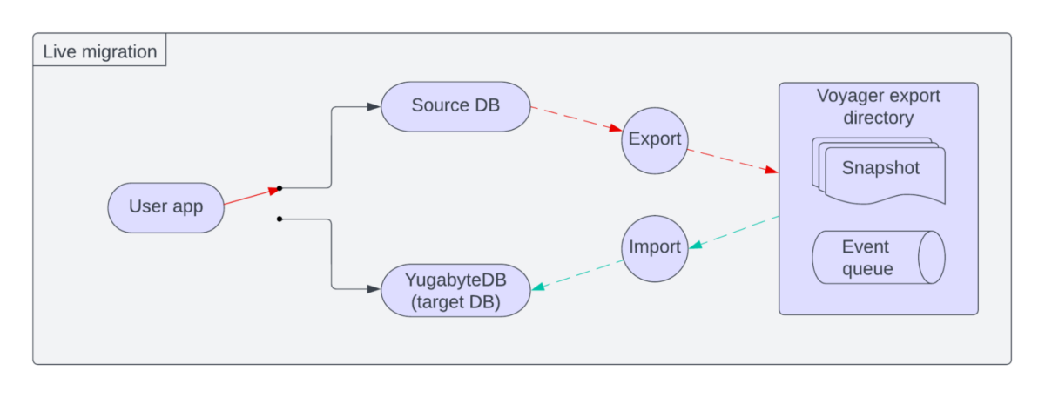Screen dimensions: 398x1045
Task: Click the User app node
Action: pyautogui.click(x=165, y=207)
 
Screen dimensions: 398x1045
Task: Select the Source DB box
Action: pyautogui.click(x=455, y=106)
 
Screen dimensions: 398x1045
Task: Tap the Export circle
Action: pyautogui.click(x=655, y=139)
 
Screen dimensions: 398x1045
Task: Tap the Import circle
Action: pyautogui.click(x=655, y=247)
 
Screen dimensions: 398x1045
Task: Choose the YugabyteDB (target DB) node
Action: pyautogui.click(x=455, y=290)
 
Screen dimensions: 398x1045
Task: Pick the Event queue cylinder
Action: pyautogui.click(x=878, y=257)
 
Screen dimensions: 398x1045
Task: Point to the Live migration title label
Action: pyautogui.click(x=99, y=51)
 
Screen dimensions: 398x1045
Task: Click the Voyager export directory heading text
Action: pyautogui.click(x=878, y=106)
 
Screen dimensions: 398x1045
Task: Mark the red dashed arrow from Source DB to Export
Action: pyautogui.click(x=576, y=118)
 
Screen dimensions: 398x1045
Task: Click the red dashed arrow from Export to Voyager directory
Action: pyautogui.click(x=731, y=160)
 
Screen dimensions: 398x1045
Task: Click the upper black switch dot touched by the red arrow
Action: pyautogui.click(x=279, y=187)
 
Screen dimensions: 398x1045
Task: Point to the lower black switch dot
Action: pyautogui.click(x=279, y=219)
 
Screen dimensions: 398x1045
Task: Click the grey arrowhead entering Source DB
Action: pyautogui.click(x=374, y=106)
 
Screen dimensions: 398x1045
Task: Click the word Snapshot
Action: pyautogui.click(x=880, y=168)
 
